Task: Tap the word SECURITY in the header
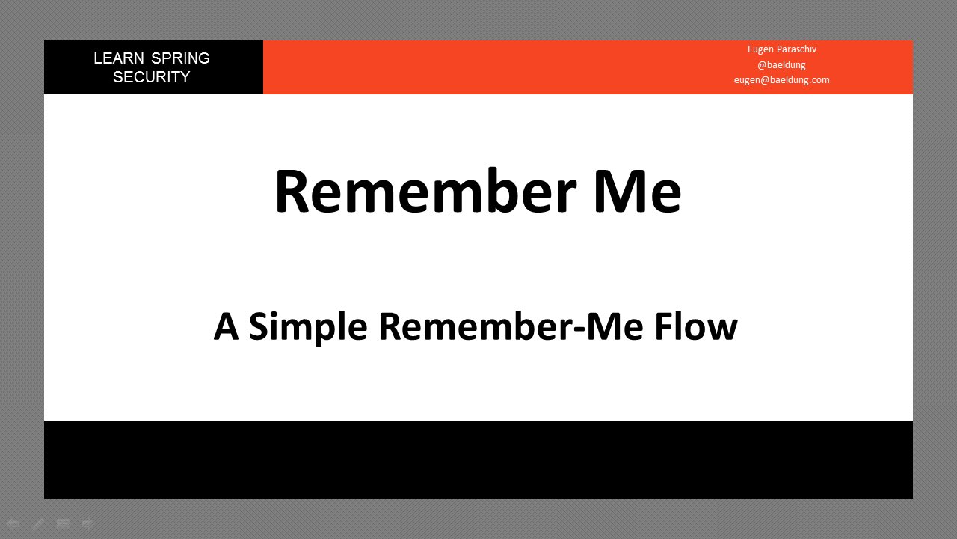click(x=151, y=77)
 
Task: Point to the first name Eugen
click(x=760, y=49)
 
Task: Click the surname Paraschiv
click(x=796, y=49)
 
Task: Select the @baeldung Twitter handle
click(x=781, y=65)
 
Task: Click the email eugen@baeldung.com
click(x=781, y=80)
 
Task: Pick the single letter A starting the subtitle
click(x=226, y=327)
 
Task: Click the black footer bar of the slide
click(x=478, y=460)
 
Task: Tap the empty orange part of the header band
click(x=486, y=67)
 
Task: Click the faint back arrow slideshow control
click(x=13, y=523)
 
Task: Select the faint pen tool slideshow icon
click(x=38, y=523)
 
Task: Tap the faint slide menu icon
click(x=64, y=523)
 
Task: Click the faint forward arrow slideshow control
click(x=87, y=523)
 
